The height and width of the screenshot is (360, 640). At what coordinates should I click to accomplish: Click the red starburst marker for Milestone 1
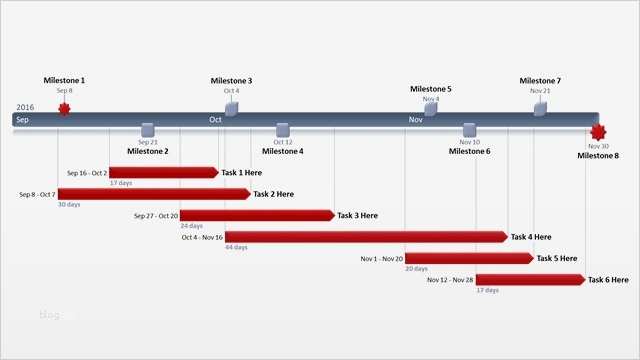point(64,108)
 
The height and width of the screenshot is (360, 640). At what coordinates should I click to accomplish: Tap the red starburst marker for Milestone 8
point(598,132)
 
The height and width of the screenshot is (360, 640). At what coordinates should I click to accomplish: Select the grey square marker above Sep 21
point(148,129)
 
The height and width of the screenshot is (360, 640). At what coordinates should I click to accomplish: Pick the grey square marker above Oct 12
point(282,129)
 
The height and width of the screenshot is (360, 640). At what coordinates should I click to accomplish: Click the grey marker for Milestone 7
point(540,107)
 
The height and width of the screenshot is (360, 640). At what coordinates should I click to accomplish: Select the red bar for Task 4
point(366,237)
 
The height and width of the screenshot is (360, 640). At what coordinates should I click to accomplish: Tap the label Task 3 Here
point(357,215)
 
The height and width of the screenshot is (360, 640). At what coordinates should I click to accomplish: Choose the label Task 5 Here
point(557,258)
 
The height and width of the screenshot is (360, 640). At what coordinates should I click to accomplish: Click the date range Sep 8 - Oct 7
point(37,194)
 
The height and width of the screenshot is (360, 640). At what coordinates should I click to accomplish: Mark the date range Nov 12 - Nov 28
point(450,280)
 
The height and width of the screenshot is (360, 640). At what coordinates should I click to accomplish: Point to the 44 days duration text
point(236,247)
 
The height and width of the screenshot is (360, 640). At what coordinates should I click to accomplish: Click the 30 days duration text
point(68,204)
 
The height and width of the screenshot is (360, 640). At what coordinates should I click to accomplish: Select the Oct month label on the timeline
point(215,120)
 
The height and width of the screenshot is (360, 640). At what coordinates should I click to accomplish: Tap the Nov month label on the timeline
point(415,120)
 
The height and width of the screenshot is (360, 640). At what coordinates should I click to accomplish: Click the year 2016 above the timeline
point(25,107)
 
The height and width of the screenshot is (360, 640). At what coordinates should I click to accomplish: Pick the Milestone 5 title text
point(430,89)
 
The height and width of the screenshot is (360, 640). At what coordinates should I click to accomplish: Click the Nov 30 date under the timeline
point(598,146)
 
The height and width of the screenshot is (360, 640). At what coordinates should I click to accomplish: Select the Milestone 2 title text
point(147,151)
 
